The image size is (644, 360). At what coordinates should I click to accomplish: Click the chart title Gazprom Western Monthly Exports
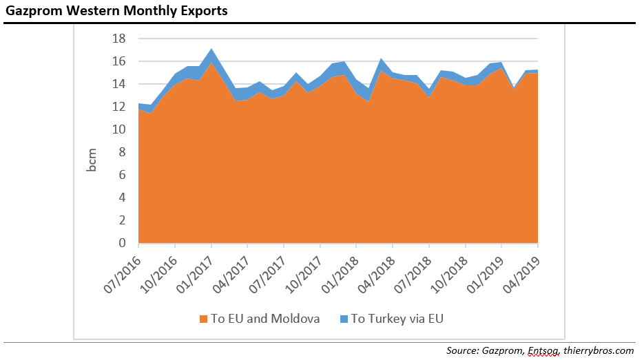click(116, 11)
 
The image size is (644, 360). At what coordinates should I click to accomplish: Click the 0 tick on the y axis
click(123, 243)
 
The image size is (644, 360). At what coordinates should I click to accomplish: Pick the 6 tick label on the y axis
click(123, 175)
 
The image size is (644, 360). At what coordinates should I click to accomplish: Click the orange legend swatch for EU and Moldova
click(204, 319)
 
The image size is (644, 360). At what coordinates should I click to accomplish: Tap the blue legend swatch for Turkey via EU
click(344, 319)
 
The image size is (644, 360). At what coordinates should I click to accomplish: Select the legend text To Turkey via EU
click(402, 319)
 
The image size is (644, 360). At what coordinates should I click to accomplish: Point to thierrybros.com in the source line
click(597, 350)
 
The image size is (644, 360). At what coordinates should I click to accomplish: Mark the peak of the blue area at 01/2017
click(211, 50)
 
